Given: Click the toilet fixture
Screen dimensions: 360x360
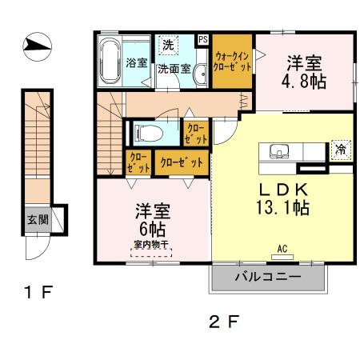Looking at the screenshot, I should [x=146, y=131].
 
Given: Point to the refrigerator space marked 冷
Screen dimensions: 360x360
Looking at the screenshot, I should [x=339, y=150].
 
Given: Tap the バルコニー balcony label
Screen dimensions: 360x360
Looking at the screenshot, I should [x=268, y=278].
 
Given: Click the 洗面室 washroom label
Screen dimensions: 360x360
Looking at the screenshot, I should [x=174, y=69].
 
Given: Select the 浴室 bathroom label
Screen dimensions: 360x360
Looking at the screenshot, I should [x=136, y=62].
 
